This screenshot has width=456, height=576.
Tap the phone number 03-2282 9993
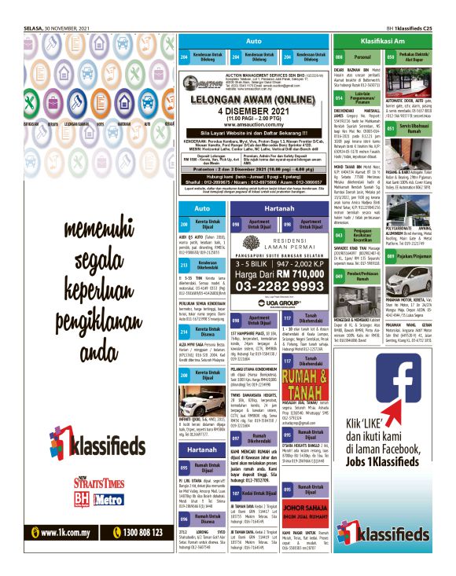pos(274,287)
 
